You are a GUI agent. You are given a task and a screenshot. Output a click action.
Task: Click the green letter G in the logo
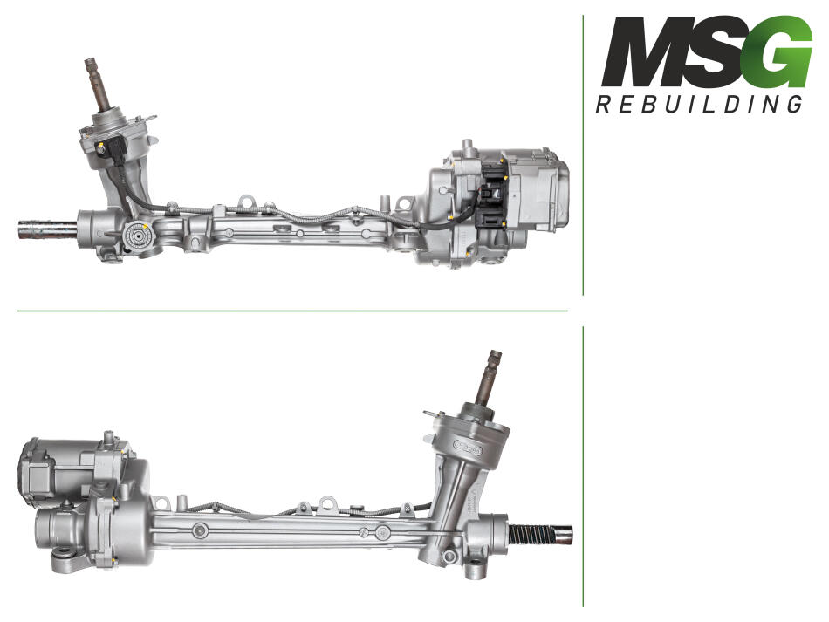(x=783, y=51)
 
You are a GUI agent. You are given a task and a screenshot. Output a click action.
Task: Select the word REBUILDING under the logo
(x=700, y=104)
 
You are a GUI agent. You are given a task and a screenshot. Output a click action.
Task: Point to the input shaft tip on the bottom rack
(x=495, y=356)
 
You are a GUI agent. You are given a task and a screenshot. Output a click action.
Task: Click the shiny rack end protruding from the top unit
(x=48, y=230)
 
